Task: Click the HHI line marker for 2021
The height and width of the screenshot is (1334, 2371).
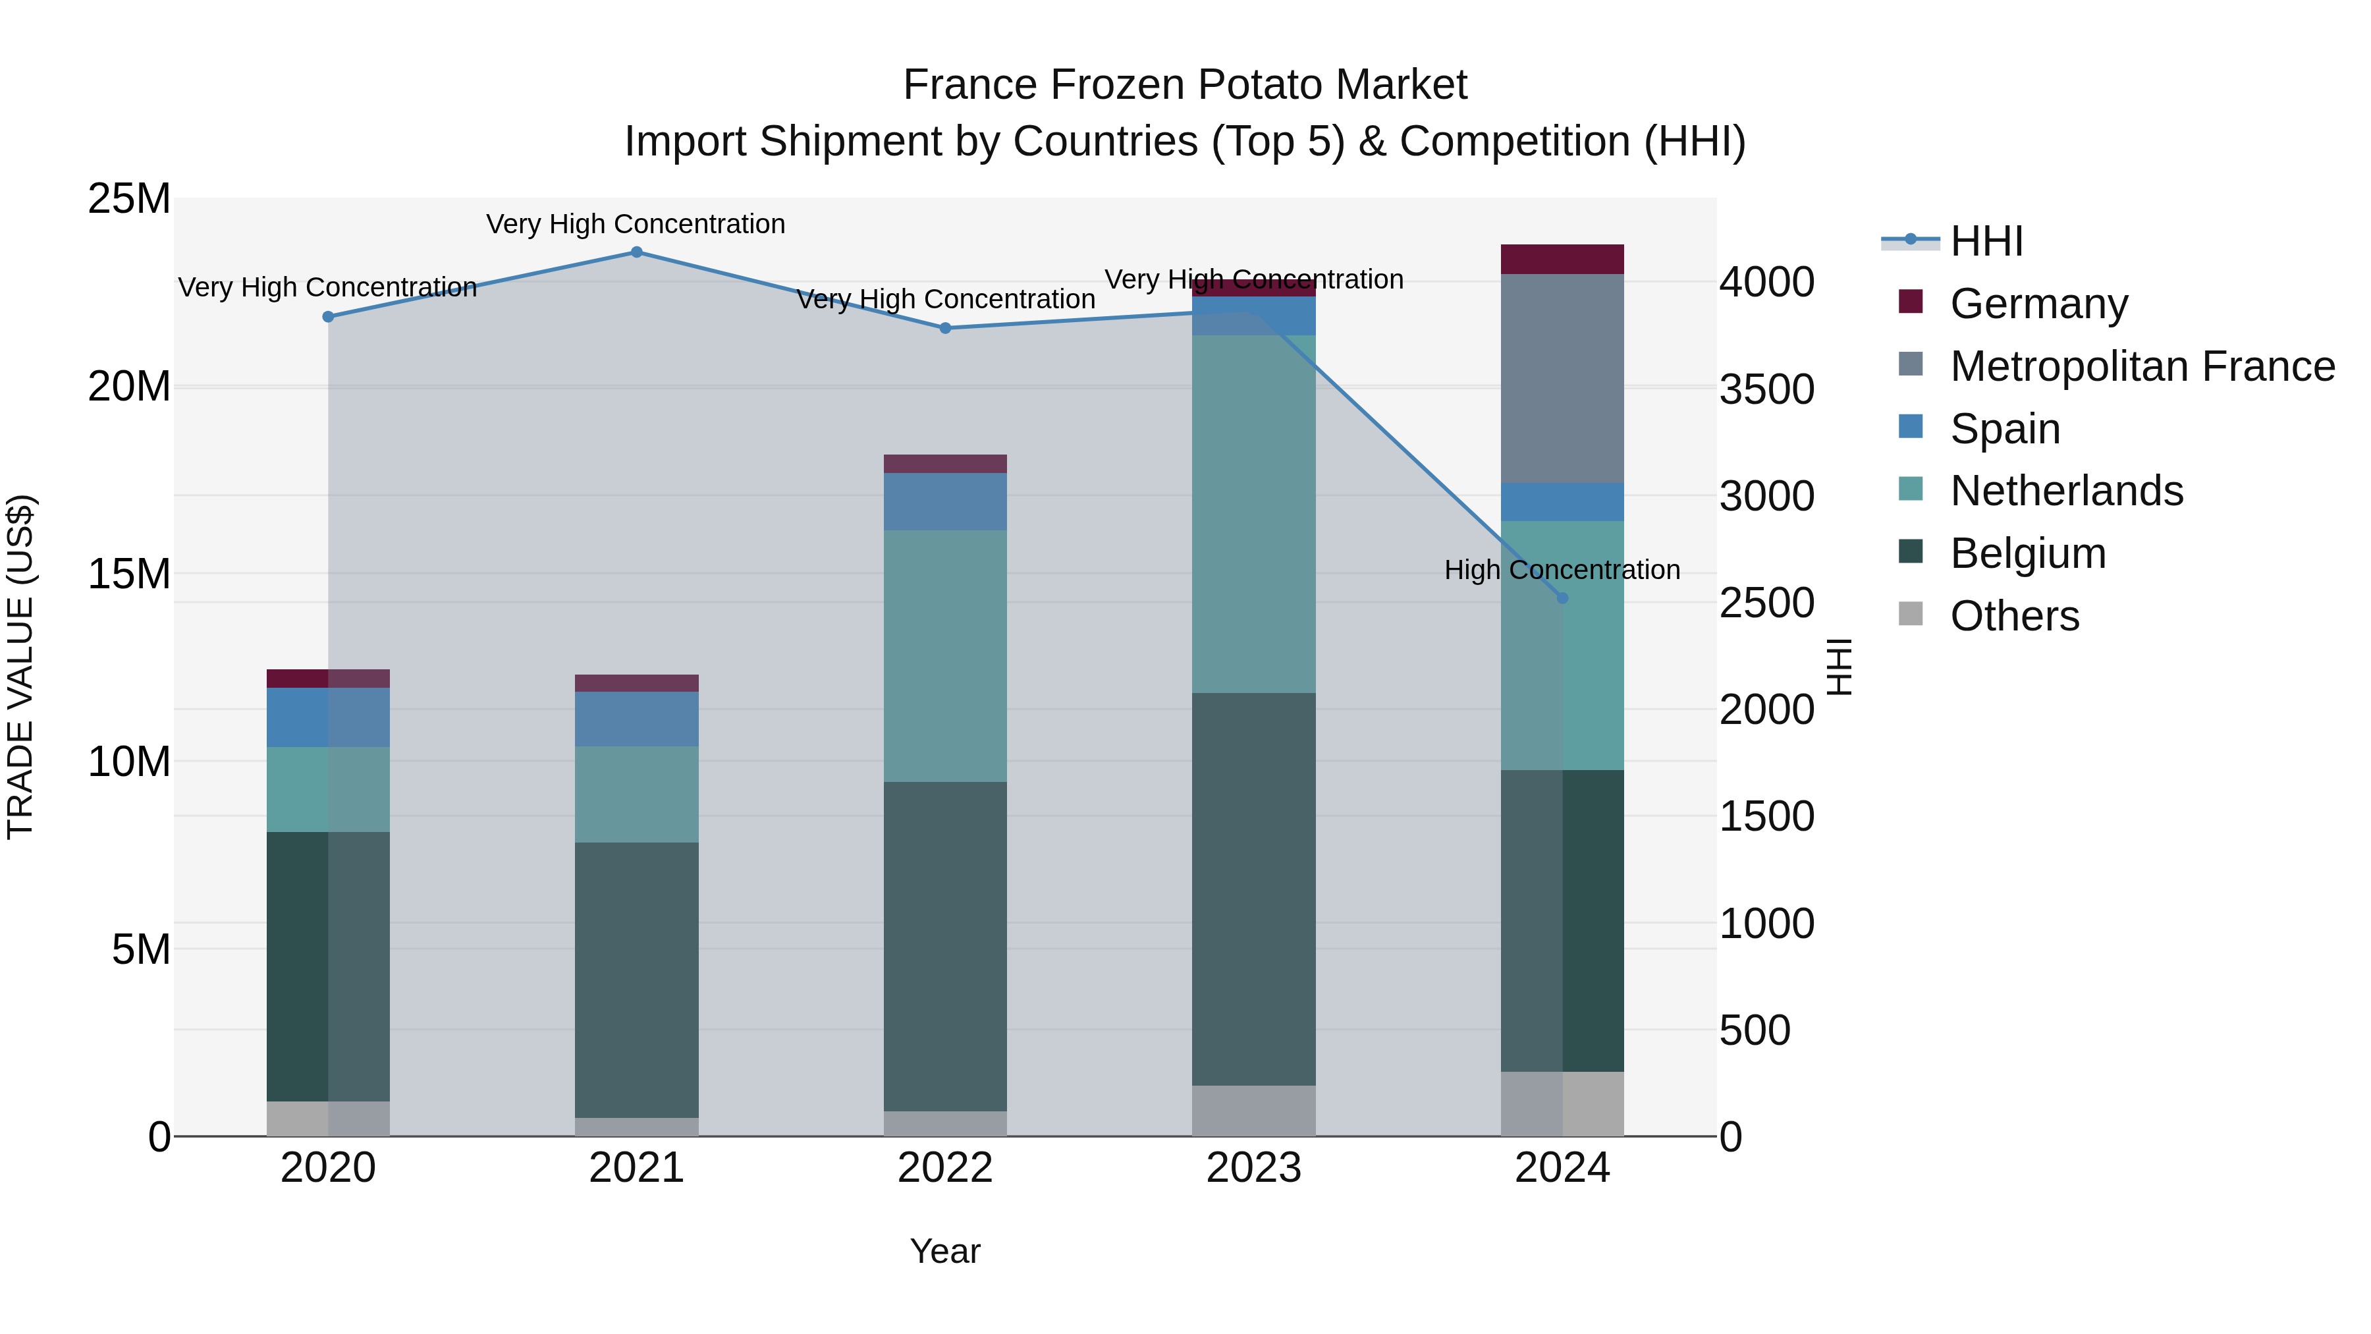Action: click(x=636, y=252)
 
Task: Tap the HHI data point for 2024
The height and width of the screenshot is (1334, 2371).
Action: click(x=1562, y=598)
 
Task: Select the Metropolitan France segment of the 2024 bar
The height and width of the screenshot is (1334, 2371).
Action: click(x=1562, y=377)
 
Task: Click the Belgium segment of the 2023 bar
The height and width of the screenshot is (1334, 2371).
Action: click(x=1253, y=889)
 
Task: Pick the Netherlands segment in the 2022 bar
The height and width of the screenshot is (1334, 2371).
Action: click(x=945, y=655)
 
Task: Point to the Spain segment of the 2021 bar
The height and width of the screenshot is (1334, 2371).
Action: click(x=636, y=718)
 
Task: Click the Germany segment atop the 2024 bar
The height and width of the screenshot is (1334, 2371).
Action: click(x=1562, y=259)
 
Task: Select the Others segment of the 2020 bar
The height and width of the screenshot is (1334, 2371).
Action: click(x=328, y=1118)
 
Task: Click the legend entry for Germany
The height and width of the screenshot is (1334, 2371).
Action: click(x=2038, y=304)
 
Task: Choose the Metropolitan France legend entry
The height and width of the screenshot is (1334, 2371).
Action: click(x=2141, y=366)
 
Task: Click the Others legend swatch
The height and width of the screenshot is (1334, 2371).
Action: click(x=1911, y=614)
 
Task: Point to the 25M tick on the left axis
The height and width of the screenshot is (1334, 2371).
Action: click(x=129, y=199)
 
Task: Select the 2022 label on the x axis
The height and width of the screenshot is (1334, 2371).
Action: click(x=945, y=1168)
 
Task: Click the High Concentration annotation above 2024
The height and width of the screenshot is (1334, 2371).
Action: click(x=1562, y=570)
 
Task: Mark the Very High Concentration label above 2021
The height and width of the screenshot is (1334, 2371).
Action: click(x=636, y=224)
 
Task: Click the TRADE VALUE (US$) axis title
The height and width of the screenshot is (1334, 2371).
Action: click(x=20, y=667)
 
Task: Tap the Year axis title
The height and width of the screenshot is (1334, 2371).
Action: click(x=945, y=1251)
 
